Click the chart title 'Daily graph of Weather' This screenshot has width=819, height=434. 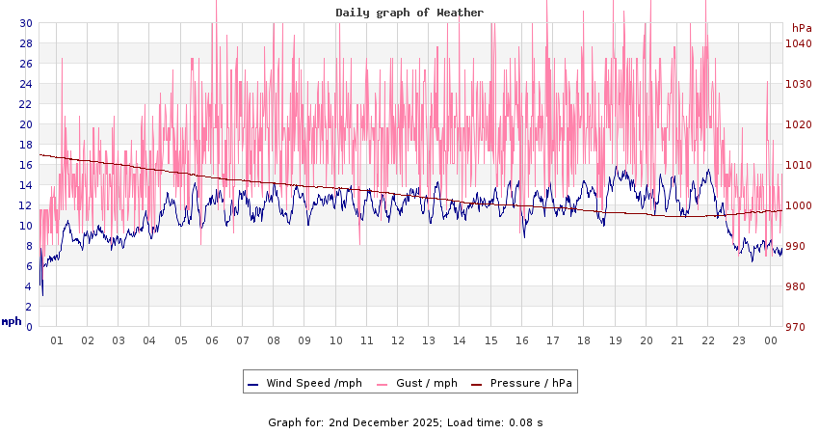tap(409, 13)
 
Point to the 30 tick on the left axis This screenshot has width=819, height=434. tap(26, 23)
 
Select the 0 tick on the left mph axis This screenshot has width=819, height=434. tap(29, 327)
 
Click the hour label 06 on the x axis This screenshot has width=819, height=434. tap(212, 340)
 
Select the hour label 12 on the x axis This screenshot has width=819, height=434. tap(398, 340)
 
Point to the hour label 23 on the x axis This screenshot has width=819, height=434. tap(739, 340)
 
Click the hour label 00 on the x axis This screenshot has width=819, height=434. tap(771, 340)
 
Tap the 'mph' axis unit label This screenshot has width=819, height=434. tap(12, 321)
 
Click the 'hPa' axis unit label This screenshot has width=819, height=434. tap(802, 28)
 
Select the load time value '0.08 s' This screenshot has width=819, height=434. tap(527, 421)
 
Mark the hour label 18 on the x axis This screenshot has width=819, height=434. tap(584, 340)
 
